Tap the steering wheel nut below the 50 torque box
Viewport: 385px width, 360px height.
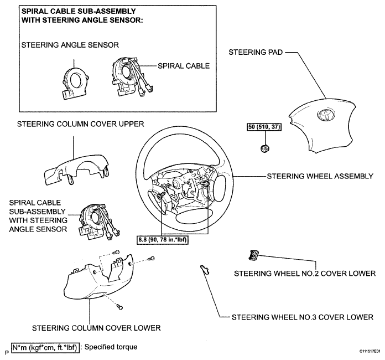[264, 148]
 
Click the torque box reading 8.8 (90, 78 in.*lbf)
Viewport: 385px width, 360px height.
[163, 239]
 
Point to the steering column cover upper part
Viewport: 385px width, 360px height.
[76, 169]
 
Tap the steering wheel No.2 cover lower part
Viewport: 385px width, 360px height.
[253, 255]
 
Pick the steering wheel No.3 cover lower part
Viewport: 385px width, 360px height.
[205, 270]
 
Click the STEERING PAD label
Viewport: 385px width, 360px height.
[256, 52]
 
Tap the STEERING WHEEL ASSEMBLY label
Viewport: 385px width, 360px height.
[320, 176]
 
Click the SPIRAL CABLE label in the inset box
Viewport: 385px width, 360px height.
[184, 66]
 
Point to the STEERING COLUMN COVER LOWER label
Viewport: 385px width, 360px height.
[96, 328]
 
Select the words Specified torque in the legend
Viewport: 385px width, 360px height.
[111, 347]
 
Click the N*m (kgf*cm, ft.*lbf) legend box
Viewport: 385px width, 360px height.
[45, 348]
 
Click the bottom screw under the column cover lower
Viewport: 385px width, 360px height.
[119, 307]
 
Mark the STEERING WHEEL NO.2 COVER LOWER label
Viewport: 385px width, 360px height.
[305, 274]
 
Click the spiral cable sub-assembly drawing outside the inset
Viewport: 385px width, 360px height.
[98, 222]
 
